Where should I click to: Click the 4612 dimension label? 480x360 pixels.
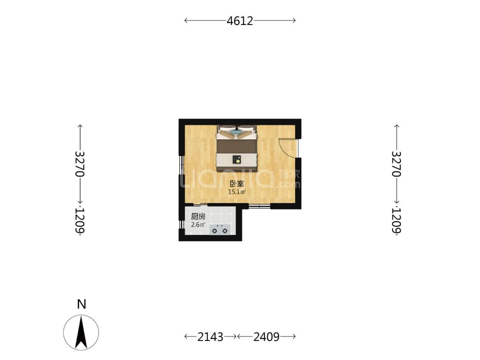click(240, 21)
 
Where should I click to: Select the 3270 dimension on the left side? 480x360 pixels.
click(80, 164)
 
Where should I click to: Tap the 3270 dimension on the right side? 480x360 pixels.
click(396, 164)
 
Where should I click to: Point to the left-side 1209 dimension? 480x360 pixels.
click(80, 220)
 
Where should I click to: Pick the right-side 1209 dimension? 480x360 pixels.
click(396, 220)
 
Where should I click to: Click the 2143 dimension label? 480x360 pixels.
click(210, 337)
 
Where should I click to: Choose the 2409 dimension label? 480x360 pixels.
click(266, 337)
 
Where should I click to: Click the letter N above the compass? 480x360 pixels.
click(81, 304)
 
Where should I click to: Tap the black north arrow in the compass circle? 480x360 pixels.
click(81, 333)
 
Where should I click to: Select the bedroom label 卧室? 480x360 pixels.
click(237, 184)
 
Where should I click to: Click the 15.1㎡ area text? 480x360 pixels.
click(237, 192)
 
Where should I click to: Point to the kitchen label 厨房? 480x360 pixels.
click(198, 216)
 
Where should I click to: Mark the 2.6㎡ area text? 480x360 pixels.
click(198, 224)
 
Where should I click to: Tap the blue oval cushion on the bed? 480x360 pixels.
click(236, 132)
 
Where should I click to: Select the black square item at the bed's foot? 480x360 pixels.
click(236, 160)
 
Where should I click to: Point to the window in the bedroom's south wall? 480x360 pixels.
click(259, 206)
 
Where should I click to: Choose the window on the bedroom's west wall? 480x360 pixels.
click(181, 165)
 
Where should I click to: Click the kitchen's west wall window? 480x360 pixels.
click(181, 224)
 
